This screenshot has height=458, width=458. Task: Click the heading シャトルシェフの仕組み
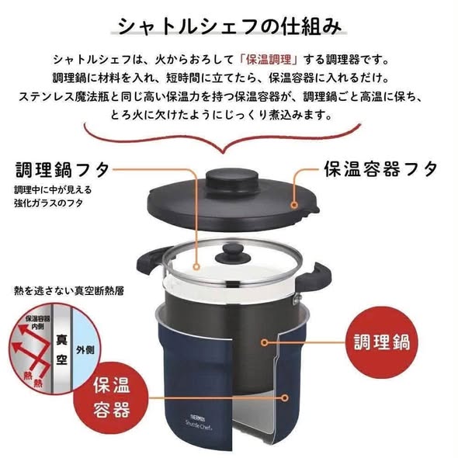pyautogui.click(x=229, y=26)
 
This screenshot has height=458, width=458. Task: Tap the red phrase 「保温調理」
pyautogui.click(x=268, y=61)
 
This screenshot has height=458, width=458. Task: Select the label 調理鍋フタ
pyautogui.click(x=63, y=170)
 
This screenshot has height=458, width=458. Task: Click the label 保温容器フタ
pyautogui.click(x=380, y=168)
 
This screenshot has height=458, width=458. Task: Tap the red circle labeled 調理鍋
pyautogui.click(x=381, y=342)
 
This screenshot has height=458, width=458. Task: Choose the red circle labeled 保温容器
pyautogui.click(x=112, y=398)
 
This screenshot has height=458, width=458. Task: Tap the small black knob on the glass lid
pyautogui.click(x=233, y=254)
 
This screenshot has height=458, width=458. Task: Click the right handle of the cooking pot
pyautogui.click(x=315, y=276)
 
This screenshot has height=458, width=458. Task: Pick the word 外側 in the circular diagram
pyautogui.click(x=85, y=349)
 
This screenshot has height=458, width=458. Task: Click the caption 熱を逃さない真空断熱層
pyautogui.click(x=69, y=290)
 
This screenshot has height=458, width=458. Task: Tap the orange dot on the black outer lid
pyautogui.click(x=294, y=205)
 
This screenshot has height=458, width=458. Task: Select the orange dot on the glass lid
pyautogui.click(x=197, y=266)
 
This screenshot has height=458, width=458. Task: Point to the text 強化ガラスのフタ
pyautogui.click(x=48, y=203)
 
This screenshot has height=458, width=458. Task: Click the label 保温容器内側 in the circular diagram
pyautogui.click(x=37, y=322)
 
